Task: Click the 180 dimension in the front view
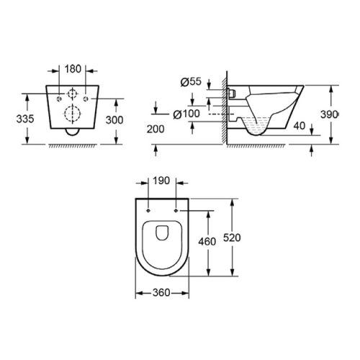point(71,71)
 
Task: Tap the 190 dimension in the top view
point(161,183)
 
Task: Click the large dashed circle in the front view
point(71,113)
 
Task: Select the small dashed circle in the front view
point(71,94)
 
